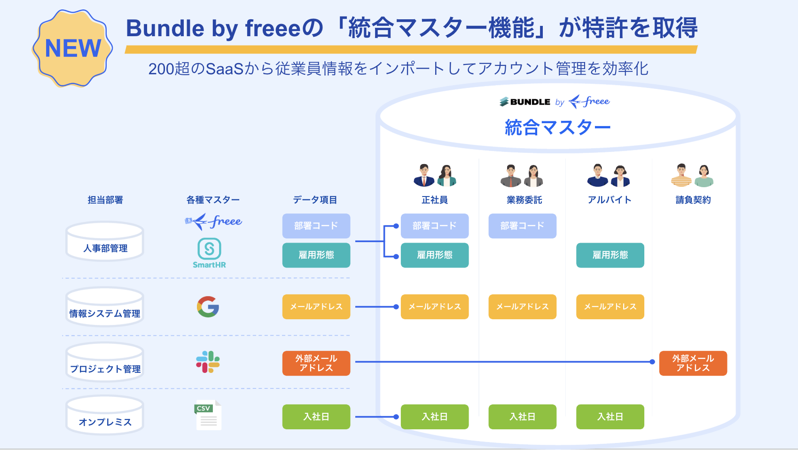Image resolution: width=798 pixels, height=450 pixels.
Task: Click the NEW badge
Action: click(x=72, y=48)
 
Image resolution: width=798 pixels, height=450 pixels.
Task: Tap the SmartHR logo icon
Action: click(x=209, y=249)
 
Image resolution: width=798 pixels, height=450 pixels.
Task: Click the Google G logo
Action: click(x=208, y=307)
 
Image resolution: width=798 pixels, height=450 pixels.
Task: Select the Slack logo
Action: click(x=208, y=362)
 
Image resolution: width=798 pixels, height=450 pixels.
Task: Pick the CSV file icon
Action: click(x=208, y=415)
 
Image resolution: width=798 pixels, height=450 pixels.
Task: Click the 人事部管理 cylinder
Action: click(x=105, y=241)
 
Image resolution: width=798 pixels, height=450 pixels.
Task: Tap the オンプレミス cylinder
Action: click(x=105, y=415)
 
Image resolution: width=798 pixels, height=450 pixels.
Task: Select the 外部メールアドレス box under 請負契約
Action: click(x=693, y=363)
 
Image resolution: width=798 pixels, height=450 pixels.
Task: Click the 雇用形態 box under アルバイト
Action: click(x=610, y=255)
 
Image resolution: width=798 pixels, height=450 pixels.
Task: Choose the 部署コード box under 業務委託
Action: click(x=522, y=226)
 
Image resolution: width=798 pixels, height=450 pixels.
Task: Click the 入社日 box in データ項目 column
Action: click(x=316, y=417)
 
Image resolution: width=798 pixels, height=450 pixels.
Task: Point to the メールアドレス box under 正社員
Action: click(x=435, y=307)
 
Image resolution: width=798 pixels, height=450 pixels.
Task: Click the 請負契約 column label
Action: click(x=693, y=200)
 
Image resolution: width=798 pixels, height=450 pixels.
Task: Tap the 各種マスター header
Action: click(x=213, y=200)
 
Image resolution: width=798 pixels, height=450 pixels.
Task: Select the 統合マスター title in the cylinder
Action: click(x=557, y=127)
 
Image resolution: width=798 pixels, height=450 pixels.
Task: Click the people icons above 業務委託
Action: click(x=522, y=175)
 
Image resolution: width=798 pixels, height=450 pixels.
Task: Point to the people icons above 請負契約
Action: click(x=692, y=175)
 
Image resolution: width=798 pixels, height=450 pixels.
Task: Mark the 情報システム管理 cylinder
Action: click(x=105, y=307)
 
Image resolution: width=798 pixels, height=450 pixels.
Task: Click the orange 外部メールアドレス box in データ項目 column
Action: click(x=316, y=363)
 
